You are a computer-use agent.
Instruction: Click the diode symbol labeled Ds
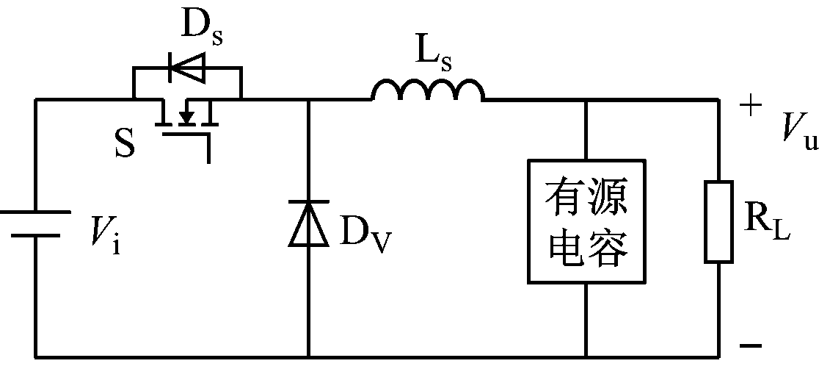point(186,69)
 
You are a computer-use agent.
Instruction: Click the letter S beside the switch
point(125,144)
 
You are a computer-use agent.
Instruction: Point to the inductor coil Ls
point(428,90)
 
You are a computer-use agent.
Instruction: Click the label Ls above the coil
point(432,53)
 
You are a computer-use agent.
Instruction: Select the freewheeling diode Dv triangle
point(307,222)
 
